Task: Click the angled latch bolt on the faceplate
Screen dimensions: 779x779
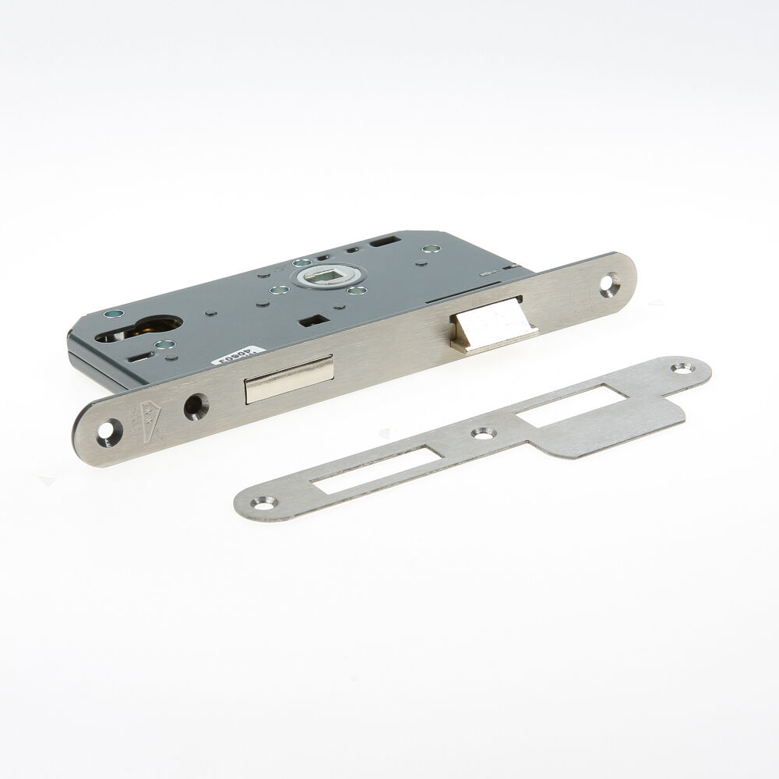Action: (x=492, y=321)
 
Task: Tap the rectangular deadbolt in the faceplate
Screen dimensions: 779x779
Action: (x=288, y=379)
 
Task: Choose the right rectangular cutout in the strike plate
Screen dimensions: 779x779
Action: (x=566, y=404)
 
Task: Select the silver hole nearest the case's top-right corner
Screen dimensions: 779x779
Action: (x=426, y=249)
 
